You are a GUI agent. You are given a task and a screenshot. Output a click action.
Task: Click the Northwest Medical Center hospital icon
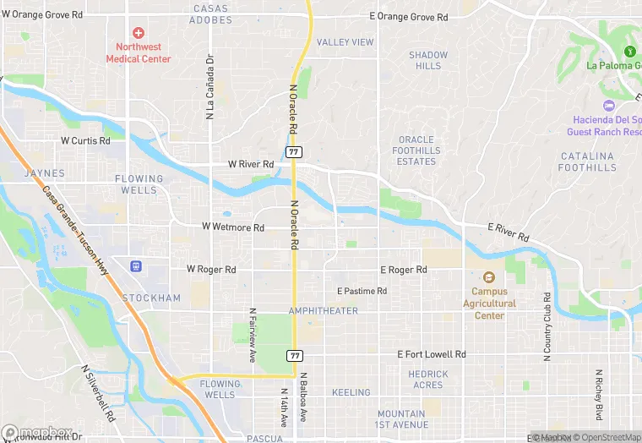point(138,32)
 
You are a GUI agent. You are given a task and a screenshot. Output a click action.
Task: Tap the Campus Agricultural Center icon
point(488,277)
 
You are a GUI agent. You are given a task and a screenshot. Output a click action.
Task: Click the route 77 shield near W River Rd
point(293,151)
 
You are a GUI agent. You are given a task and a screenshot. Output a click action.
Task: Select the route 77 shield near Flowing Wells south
point(294,355)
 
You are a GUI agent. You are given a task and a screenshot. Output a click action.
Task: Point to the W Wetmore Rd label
point(233,227)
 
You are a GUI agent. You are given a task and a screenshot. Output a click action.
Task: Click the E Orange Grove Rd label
point(410,16)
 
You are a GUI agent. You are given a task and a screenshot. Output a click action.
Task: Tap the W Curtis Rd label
point(85,140)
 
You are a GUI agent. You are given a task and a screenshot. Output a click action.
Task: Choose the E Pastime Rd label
point(362,291)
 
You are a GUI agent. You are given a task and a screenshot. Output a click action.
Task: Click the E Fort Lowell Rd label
point(432,355)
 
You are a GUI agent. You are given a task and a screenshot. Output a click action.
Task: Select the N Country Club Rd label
point(547,327)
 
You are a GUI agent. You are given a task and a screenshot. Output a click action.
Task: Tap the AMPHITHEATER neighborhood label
point(323,311)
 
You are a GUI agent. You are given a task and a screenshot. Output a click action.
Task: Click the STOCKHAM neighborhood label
point(151,298)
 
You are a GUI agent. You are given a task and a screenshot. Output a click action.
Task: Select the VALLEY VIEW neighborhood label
point(345,42)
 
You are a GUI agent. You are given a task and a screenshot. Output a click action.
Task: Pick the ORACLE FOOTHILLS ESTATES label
point(416,150)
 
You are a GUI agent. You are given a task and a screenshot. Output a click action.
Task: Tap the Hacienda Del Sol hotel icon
point(608,105)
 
